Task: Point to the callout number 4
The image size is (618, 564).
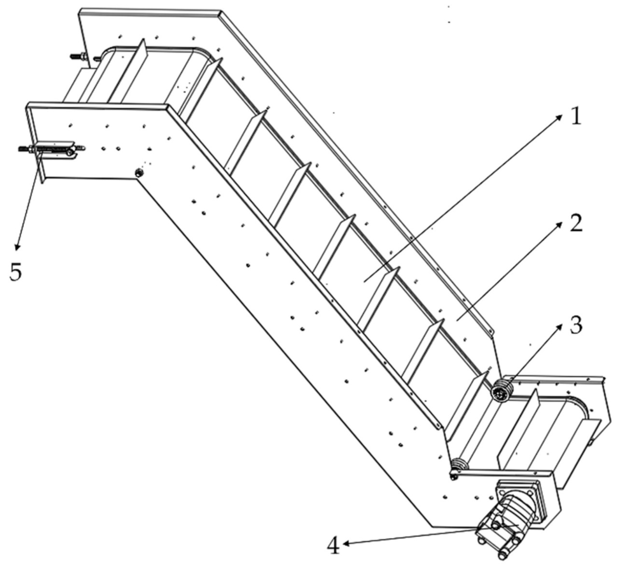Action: pyautogui.click(x=334, y=547)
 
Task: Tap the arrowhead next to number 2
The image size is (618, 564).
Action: pyautogui.click(x=559, y=226)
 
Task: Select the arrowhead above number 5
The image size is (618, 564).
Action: pyautogui.click(x=17, y=246)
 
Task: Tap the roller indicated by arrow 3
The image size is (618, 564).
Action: pyautogui.click(x=500, y=392)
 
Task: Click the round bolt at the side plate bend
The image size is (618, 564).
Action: pyautogui.click(x=140, y=173)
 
